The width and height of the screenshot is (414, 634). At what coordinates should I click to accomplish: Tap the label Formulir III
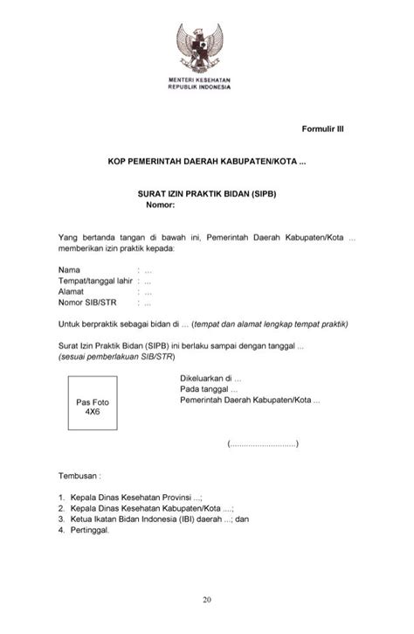click(323, 128)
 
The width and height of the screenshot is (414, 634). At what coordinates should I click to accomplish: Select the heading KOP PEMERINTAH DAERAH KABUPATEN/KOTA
click(207, 163)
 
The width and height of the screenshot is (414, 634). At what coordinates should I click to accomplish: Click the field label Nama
click(70, 269)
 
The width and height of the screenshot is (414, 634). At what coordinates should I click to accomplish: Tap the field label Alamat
click(72, 292)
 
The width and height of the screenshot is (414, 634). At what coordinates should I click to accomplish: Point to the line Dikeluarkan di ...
click(210, 378)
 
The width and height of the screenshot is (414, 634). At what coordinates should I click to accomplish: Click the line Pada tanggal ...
click(209, 389)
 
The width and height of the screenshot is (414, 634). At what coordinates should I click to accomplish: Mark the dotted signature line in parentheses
click(262, 444)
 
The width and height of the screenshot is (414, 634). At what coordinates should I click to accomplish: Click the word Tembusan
click(79, 477)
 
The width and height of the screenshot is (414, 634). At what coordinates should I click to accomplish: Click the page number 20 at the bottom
click(206, 599)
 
